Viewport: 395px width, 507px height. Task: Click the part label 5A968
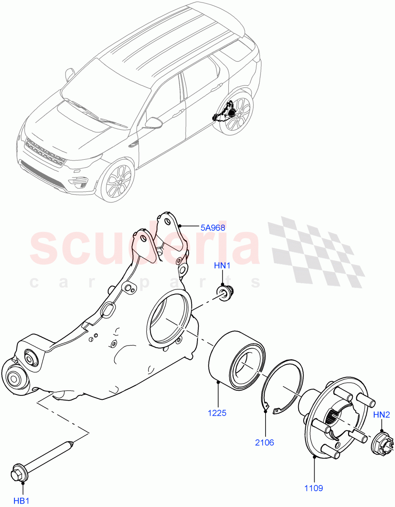[x=212, y=227]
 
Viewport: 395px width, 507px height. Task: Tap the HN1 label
[x=222, y=266]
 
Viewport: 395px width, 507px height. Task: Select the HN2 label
[x=381, y=415]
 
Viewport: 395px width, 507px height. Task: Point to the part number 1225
[x=217, y=413]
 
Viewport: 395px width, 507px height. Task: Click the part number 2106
[x=265, y=442]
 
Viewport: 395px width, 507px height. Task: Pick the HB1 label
[x=22, y=501]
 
